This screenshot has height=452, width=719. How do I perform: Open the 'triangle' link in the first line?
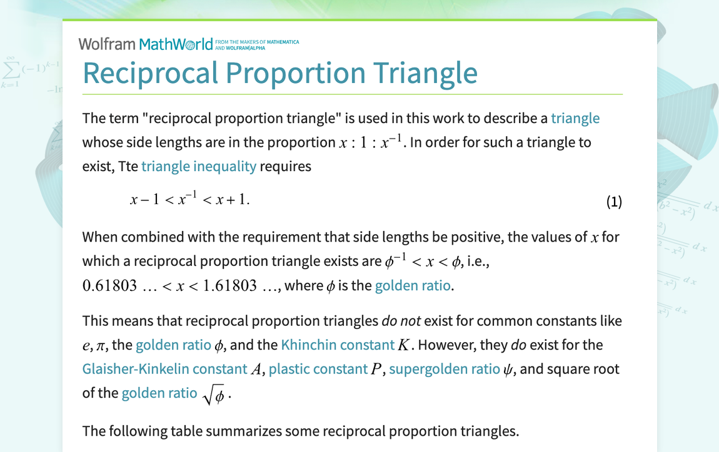pos(575,119)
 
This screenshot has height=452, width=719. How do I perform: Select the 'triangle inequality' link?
pos(199,166)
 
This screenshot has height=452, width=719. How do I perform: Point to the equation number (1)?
pos(614,201)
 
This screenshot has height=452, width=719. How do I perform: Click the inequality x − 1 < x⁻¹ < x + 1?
pos(189,200)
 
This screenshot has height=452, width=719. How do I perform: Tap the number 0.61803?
pos(109,286)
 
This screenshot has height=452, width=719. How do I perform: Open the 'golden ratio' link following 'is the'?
pos(413,286)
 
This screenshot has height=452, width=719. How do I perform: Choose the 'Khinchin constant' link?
pos(338,345)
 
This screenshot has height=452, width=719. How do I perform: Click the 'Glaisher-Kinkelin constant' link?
pos(164,369)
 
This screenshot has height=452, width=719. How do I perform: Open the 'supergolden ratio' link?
pos(444,369)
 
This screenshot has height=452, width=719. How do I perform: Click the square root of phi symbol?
pos(214,395)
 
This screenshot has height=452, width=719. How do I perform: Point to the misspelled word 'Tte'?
pos(128,166)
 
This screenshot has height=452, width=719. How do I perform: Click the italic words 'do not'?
pos(401,322)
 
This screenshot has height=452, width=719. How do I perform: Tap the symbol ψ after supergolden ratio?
pos(508,370)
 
